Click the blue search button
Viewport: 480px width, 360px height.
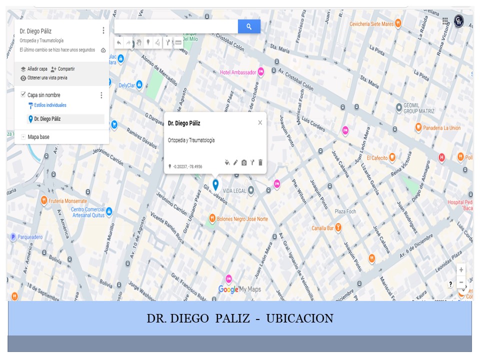(249, 26)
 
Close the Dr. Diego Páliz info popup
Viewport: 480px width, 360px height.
(260, 122)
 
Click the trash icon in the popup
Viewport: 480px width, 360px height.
(260, 162)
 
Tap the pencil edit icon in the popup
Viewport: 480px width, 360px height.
(235, 162)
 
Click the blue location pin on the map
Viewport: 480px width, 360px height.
(215, 184)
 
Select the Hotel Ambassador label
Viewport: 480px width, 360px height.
(238, 72)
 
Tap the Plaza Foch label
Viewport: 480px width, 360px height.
(345, 211)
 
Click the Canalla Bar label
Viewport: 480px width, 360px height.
(322, 228)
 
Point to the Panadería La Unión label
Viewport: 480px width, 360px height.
(441, 128)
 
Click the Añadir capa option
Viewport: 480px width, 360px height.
(37, 69)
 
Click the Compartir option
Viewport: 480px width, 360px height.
(66, 69)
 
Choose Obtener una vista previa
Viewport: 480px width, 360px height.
(47, 78)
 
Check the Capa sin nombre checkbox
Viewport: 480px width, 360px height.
(23, 94)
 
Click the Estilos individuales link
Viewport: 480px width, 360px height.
(50, 105)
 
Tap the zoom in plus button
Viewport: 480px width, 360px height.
(461, 269)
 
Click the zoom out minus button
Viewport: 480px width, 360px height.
(461, 282)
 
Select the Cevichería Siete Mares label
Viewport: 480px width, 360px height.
(371, 23)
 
